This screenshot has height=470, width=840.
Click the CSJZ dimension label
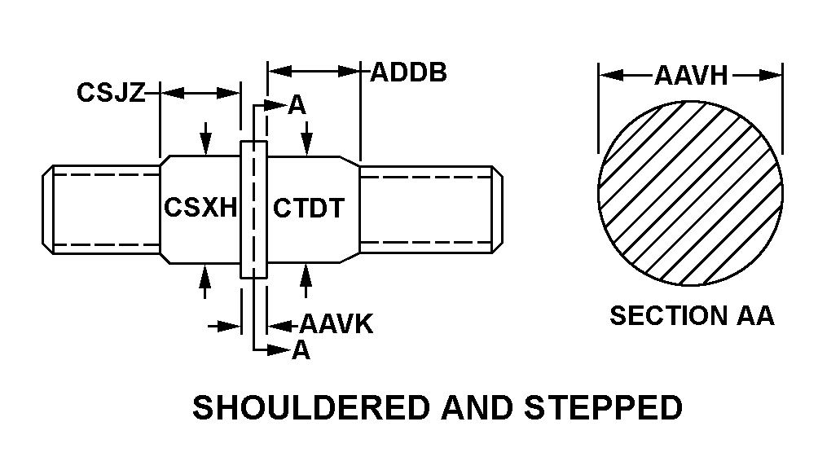click(x=111, y=93)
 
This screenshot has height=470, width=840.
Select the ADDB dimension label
click(x=408, y=72)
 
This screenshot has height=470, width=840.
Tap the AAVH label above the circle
click(x=691, y=77)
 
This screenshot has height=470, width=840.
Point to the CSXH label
click(x=200, y=208)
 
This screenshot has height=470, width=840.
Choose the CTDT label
click(x=309, y=208)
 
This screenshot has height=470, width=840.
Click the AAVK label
click(x=336, y=325)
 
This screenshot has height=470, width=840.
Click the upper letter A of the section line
click(x=297, y=105)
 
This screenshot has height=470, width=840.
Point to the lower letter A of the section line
click(x=301, y=350)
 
